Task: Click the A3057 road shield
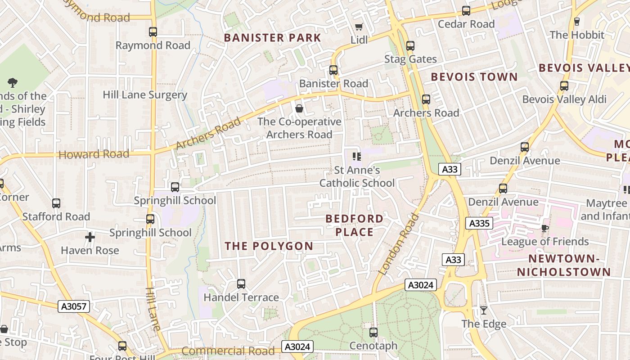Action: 74,306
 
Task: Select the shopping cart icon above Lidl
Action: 359,27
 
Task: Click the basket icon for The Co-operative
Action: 299,108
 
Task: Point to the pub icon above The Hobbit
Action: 577,21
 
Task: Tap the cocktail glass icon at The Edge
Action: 484,310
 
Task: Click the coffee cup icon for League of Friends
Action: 545,228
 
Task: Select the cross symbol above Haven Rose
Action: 90,237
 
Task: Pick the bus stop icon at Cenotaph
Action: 373,333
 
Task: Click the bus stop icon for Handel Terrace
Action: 241,284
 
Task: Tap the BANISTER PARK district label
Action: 273,38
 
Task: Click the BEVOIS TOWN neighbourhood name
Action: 474,77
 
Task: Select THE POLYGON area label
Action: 269,246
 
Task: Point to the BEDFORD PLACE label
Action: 355,225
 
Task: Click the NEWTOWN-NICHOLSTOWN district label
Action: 564,265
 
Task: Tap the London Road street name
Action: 399,244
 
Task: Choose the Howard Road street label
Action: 94,154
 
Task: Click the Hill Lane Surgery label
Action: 145,95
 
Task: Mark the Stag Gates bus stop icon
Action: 410,46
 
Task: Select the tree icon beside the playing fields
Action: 13,82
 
